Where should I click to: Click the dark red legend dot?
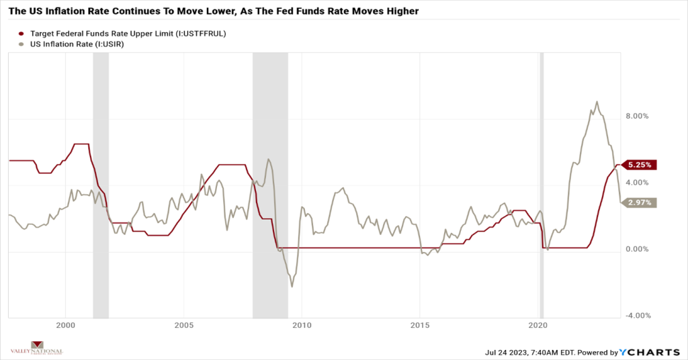coord(21,33)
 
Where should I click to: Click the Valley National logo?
coord(38,351)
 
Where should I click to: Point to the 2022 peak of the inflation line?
coord(597,102)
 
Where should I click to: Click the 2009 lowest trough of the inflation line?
coord(292,287)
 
